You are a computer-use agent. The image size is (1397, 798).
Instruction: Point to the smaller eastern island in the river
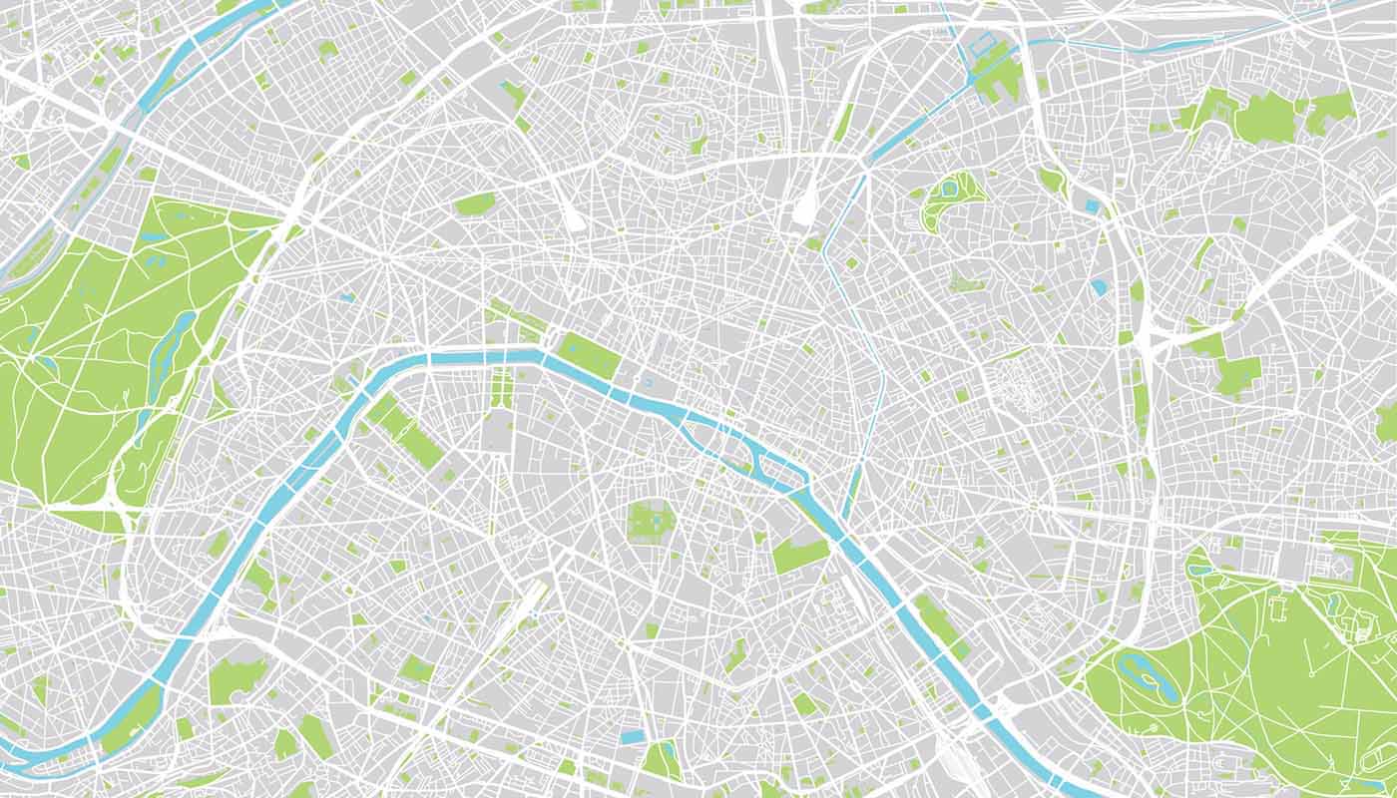click(768, 462)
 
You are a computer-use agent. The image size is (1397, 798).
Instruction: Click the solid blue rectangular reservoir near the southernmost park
click(633, 737)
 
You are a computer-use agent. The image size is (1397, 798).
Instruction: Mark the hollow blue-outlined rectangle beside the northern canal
click(982, 44)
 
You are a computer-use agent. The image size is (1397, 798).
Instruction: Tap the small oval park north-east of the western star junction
click(475, 203)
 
